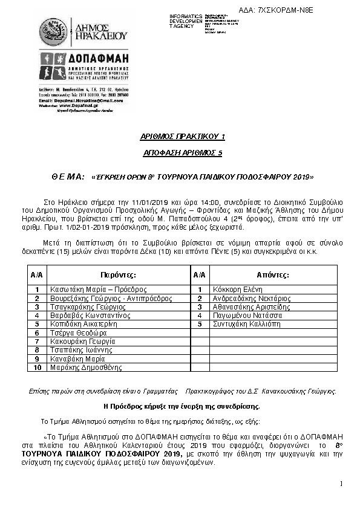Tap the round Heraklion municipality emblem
53,32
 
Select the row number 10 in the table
37,367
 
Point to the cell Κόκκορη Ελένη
236,290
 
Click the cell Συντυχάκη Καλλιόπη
247,324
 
